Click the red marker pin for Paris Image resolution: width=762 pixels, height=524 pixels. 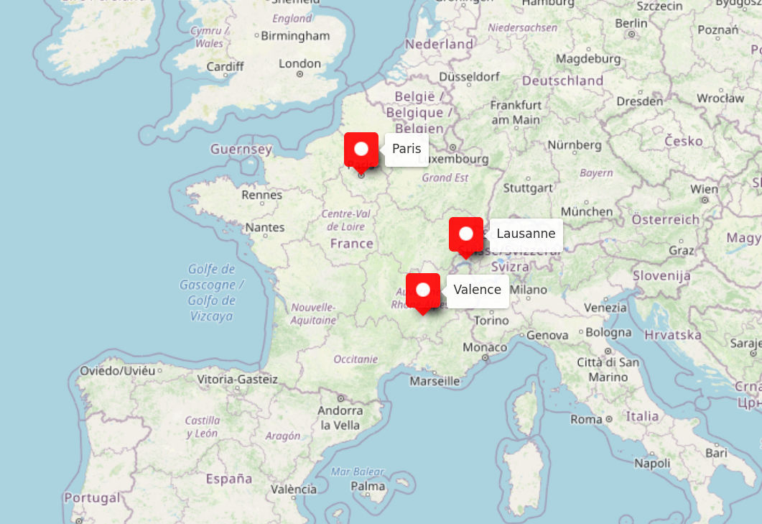[x=361, y=150]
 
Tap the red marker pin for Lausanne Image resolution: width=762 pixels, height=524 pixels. [x=466, y=234]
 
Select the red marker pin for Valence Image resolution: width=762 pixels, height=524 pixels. [x=423, y=290]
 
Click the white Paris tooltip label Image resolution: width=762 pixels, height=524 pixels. [x=406, y=150]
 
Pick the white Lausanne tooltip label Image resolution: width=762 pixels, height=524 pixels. [x=526, y=234]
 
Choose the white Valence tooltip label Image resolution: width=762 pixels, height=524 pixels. [x=478, y=290]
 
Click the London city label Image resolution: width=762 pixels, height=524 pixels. [x=299, y=63]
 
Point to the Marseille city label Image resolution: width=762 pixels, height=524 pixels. [x=435, y=381]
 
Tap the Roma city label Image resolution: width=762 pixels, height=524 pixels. [x=587, y=419]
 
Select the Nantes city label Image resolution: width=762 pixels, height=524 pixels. [x=265, y=227]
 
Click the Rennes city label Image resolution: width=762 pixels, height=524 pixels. [x=262, y=195]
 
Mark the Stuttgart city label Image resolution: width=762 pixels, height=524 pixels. [x=528, y=188]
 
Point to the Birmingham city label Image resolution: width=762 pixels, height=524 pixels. [x=295, y=36]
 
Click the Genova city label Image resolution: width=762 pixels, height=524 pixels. [x=547, y=335]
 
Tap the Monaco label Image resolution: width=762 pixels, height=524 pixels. [x=485, y=347]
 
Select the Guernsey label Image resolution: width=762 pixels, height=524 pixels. [x=241, y=150]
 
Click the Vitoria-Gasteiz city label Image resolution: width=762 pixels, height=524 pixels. [x=237, y=379]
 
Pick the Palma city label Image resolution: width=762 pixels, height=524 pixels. [x=368, y=487]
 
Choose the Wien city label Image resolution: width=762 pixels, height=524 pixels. [x=704, y=189]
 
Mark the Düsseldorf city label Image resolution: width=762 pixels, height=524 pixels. [x=469, y=76]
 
